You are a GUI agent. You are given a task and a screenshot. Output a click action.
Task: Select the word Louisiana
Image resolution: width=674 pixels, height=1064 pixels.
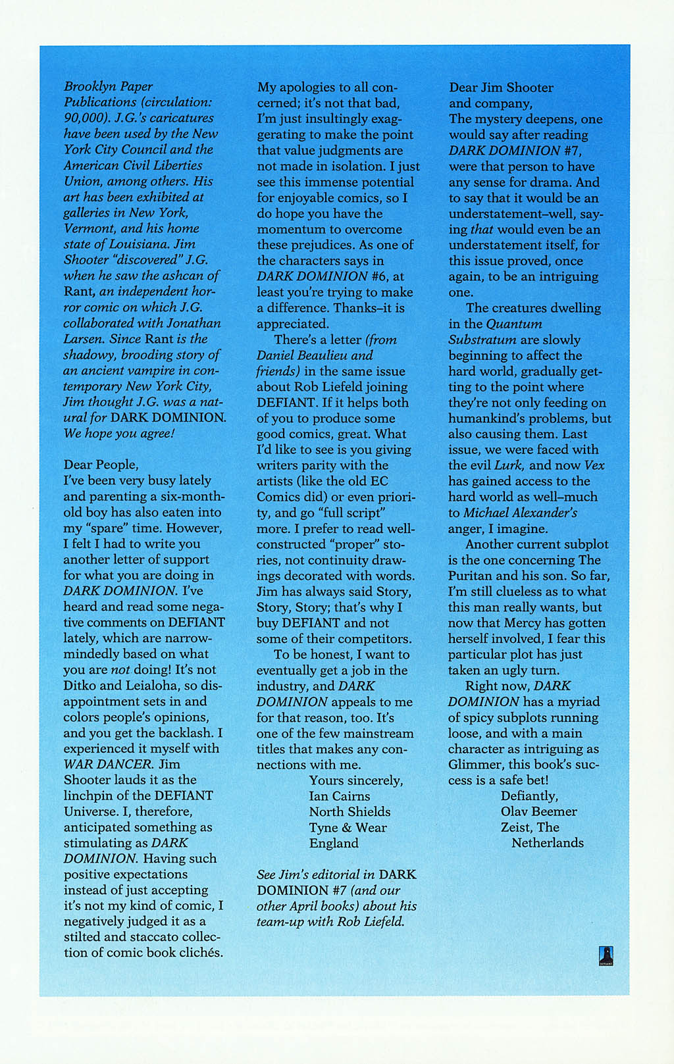coord(136,244)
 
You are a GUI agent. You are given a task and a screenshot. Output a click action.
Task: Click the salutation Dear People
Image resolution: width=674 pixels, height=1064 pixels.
coord(101,465)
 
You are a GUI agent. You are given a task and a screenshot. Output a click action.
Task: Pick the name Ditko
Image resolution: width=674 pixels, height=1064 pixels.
coord(81,686)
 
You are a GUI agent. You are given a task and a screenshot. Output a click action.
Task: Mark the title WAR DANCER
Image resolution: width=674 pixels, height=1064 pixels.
coord(108,764)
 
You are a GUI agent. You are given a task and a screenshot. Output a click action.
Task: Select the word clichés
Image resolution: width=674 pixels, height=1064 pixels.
coord(200,953)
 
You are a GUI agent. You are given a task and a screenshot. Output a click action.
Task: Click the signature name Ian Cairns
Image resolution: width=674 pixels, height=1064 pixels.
coord(340,796)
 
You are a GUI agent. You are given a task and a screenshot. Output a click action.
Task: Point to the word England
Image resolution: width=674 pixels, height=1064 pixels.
coord(334,844)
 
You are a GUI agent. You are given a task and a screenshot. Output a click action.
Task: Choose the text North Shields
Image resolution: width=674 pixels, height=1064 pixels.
coord(350,812)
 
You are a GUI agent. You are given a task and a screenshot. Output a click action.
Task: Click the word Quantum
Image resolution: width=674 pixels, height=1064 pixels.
coord(514,324)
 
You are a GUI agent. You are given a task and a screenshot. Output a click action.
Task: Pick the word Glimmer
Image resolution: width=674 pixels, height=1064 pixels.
coord(477,765)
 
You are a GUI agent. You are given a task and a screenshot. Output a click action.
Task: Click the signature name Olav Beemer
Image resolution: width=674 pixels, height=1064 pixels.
coord(538,811)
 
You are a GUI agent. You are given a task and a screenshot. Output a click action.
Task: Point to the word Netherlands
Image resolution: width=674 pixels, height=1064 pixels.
coord(548,843)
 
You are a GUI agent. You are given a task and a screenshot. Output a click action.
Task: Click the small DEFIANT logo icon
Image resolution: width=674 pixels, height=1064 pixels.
coord(606,955)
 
